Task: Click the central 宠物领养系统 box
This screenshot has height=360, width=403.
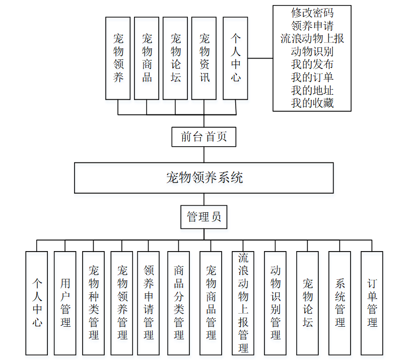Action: pyautogui.click(x=204, y=177)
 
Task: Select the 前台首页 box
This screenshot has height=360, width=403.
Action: pyautogui.click(x=204, y=137)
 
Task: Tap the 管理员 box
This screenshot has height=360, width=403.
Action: pyautogui.click(x=204, y=217)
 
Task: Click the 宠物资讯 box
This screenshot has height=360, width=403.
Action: pyautogui.click(x=204, y=58)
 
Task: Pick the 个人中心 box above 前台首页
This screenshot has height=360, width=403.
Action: pyautogui.click(x=235, y=58)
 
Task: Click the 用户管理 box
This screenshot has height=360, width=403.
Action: pyautogui.click(x=65, y=303)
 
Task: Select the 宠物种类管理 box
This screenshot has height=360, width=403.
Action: pyautogui.click(x=94, y=303)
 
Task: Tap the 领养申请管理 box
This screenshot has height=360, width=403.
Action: pyautogui.click(x=149, y=303)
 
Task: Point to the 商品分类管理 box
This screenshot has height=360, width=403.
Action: pyautogui.click(x=179, y=303)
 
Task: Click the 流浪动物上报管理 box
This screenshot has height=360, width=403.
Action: pyautogui.click(x=243, y=303)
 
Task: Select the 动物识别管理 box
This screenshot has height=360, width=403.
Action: pyautogui.click(x=276, y=303)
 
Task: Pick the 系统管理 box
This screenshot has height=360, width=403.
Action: pyautogui.click(x=340, y=303)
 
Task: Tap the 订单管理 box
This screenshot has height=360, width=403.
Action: pyautogui.click(x=372, y=303)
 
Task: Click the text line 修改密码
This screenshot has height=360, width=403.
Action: pyautogui.click(x=312, y=12)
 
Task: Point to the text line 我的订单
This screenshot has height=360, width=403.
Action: pyautogui.click(x=312, y=78)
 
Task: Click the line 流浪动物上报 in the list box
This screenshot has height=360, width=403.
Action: pyautogui.click(x=312, y=38)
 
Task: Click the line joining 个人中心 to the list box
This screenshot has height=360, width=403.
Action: pyautogui.click(x=260, y=58)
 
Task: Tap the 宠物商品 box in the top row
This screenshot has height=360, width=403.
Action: pyautogui.click(x=147, y=58)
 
